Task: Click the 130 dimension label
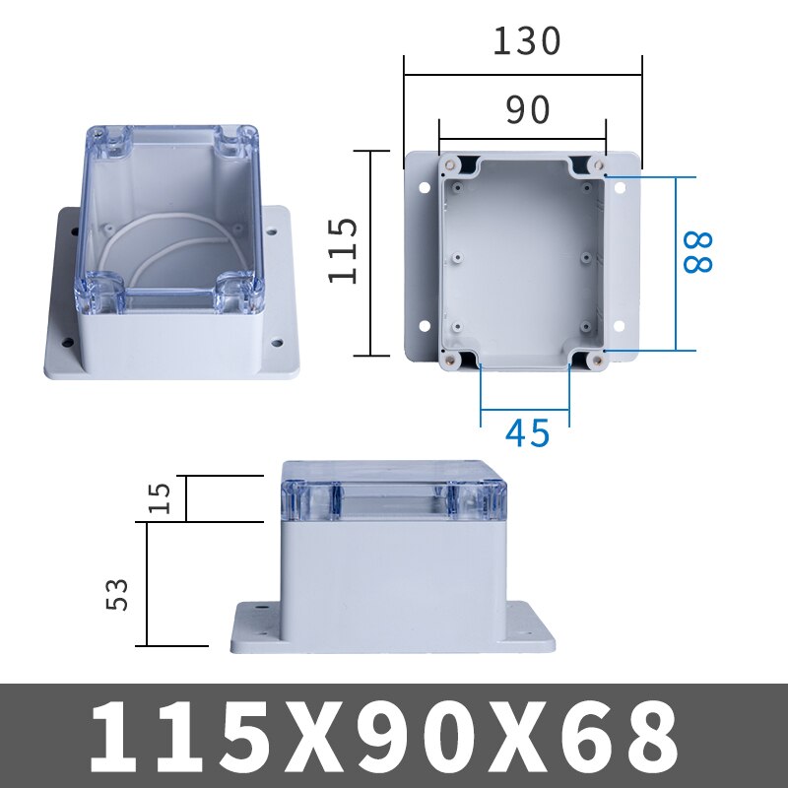click(527, 40)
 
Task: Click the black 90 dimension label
click(528, 111)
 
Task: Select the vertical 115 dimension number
click(343, 251)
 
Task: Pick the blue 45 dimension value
click(528, 433)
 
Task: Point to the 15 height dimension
click(165, 496)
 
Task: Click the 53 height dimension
click(118, 593)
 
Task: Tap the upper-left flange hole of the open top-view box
click(424, 186)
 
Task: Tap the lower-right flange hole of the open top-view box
click(621, 325)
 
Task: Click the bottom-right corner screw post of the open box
click(595, 361)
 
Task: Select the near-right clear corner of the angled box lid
click(239, 295)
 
